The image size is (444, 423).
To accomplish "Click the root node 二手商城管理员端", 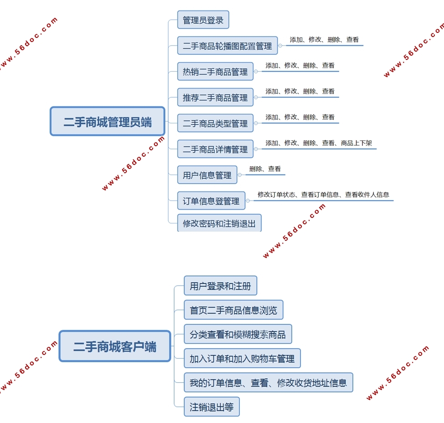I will click(107, 122).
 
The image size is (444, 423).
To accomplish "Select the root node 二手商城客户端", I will click(115, 346).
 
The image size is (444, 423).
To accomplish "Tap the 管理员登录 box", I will click(203, 20).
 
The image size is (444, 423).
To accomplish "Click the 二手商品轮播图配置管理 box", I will click(227, 46).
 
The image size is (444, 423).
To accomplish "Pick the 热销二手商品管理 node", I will click(215, 72).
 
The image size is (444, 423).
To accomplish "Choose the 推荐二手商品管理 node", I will click(215, 97).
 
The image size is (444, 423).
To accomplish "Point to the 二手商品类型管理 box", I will click(215, 123).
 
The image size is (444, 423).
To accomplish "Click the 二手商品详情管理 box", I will click(215, 149).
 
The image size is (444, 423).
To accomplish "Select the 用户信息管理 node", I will click(207, 175).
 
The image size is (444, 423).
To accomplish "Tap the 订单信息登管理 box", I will click(211, 201).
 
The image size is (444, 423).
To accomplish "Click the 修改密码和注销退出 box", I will click(219, 223).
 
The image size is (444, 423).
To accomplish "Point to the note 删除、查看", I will click(265, 169).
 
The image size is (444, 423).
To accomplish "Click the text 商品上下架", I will click(356, 143).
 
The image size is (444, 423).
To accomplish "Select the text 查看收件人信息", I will click(367, 195).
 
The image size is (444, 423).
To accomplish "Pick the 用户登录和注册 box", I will click(220, 286).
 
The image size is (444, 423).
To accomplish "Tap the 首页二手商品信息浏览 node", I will click(233, 310).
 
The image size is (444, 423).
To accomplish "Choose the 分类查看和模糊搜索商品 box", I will click(237, 334).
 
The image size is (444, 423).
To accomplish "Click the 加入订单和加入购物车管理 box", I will click(242, 359).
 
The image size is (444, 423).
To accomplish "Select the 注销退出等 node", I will click(212, 407).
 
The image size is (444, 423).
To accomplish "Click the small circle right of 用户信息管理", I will click(240, 175).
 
